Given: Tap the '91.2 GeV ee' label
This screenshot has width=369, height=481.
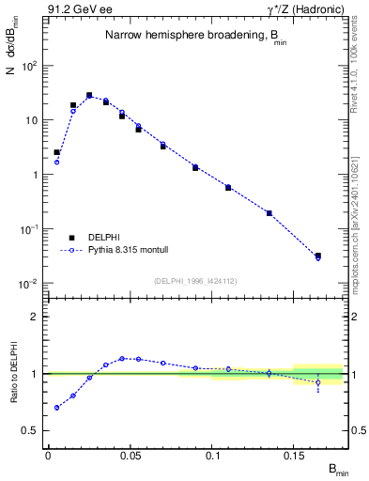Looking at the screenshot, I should pyautogui.click(x=80, y=10).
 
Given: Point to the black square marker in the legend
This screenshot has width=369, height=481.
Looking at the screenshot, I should pyautogui.click(x=72, y=238).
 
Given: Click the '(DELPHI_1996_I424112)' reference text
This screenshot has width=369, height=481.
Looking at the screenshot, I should pyautogui.click(x=194, y=279).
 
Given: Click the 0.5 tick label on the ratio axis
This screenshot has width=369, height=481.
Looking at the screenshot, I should pyautogui.click(x=30, y=430).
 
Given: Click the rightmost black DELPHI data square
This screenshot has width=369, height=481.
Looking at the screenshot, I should pyautogui.click(x=318, y=256).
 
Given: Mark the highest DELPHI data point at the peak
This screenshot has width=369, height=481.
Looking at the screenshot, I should pyautogui.click(x=89, y=95).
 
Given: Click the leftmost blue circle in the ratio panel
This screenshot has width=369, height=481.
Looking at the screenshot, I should pyautogui.click(x=56, y=408).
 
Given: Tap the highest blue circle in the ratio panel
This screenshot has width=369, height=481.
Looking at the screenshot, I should pyautogui.click(x=122, y=358).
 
